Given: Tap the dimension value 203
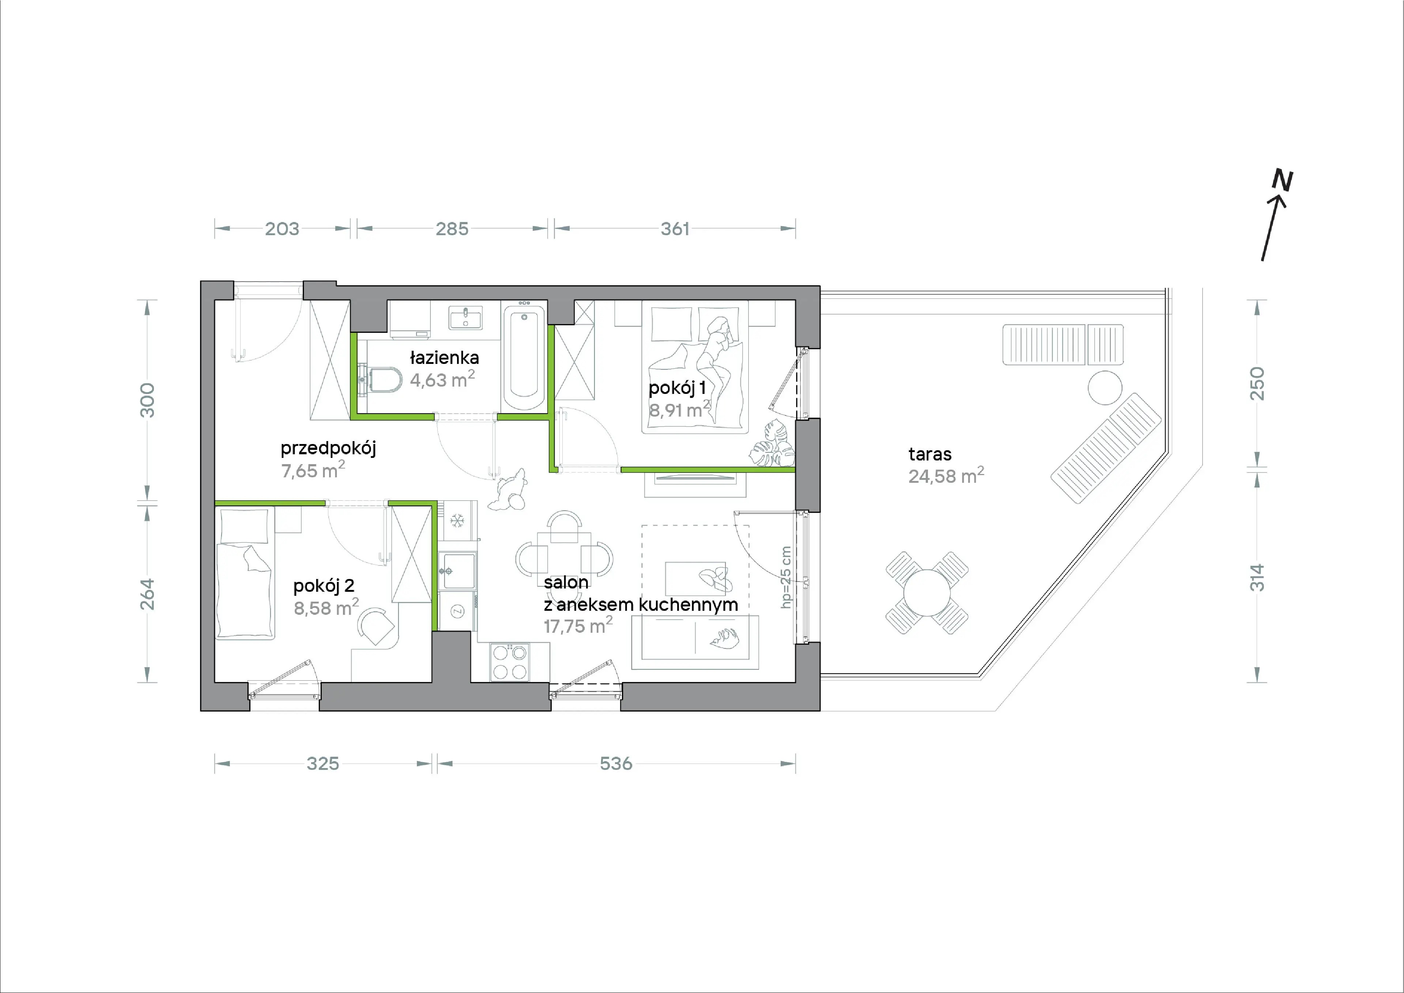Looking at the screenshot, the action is tap(282, 229).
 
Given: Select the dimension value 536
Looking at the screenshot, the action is tap(616, 764).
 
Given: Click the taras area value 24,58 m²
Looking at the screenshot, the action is tap(946, 475).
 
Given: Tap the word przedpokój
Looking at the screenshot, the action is tap(328, 448).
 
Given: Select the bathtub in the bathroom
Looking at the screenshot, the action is tap(524, 358).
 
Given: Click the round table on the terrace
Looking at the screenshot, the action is tap(927, 593).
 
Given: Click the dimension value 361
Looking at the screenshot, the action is tap(675, 229).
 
